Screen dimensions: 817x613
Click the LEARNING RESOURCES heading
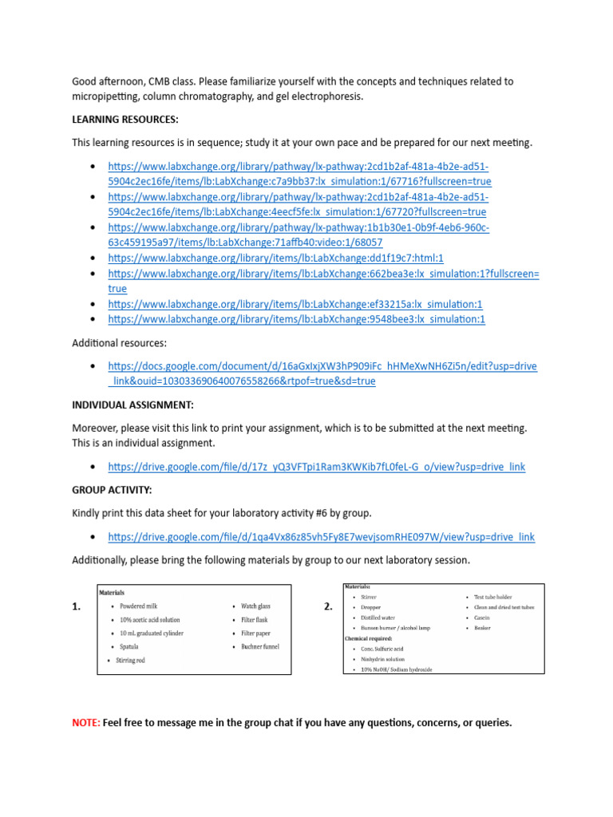tap(125, 120)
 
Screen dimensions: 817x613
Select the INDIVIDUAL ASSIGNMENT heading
tap(132, 405)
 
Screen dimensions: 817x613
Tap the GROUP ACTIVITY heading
tap(112, 490)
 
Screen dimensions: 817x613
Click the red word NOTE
tap(85, 723)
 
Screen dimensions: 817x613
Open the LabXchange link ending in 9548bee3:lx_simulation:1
tap(296, 319)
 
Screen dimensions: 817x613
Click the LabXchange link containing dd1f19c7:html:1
tap(275, 259)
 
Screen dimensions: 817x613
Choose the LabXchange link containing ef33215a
tap(295, 304)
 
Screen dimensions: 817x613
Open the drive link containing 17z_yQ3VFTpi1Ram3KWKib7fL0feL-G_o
tap(317, 466)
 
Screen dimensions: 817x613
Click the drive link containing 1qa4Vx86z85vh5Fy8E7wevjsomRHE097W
tap(321, 537)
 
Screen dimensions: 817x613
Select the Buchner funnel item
tap(260, 646)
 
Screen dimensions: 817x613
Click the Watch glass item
tap(256, 606)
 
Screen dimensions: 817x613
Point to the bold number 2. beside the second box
tap(328, 606)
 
